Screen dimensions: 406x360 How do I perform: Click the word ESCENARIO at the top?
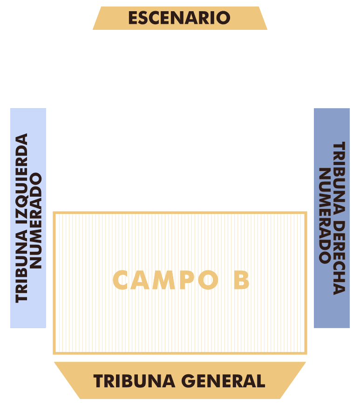click(179, 18)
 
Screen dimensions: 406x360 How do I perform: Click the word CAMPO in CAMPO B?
click(165, 280)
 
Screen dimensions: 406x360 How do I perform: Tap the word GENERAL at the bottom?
click(223, 381)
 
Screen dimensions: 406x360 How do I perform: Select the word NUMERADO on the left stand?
click(35, 220)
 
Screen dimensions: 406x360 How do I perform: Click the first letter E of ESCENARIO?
click(133, 18)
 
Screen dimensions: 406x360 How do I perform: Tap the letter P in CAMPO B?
click(185, 280)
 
